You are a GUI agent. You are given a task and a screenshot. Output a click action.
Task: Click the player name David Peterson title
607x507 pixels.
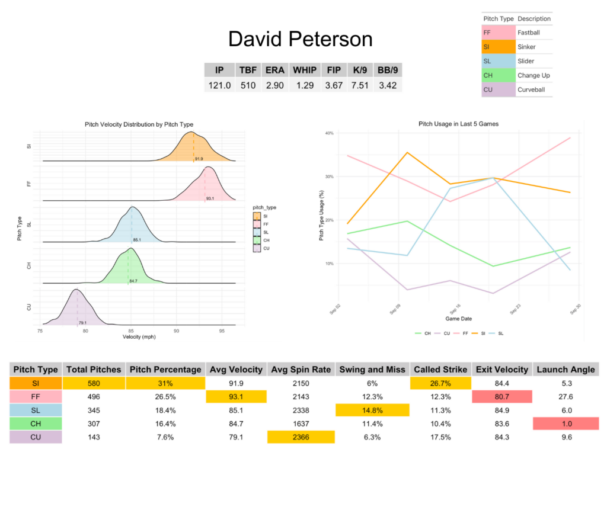pyautogui.click(x=300, y=39)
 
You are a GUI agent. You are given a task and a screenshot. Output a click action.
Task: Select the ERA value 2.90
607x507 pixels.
pyautogui.click(x=275, y=85)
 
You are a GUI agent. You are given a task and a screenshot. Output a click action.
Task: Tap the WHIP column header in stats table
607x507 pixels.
pyautogui.click(x=305, y=70)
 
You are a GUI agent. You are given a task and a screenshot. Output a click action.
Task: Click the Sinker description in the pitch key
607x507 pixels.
pyautogui.click(x=527, y=47)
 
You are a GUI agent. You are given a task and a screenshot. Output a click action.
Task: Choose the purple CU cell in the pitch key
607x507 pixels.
pyautogui.click(x=498, y=89)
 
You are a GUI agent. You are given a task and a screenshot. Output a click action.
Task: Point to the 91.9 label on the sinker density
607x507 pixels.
pyautogui.click(x=199, y=159)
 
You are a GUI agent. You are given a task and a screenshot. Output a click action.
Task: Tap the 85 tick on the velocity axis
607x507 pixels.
pyautogui.click(x=131, y=331)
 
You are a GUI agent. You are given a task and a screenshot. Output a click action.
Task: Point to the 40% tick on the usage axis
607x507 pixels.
pyautogui.click(x=329, y=133)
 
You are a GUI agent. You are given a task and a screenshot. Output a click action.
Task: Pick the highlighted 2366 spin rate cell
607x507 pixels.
pyautogui.click(x=301, y=437)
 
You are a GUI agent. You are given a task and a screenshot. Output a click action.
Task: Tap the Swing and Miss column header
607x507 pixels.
pyautogui.click(x=372, y=369)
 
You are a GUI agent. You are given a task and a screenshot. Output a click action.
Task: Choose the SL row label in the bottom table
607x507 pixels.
pyautogui.click(x=36, y=410)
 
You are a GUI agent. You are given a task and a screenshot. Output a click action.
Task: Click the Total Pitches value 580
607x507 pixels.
pyautogui.click(x=93, y=383)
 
